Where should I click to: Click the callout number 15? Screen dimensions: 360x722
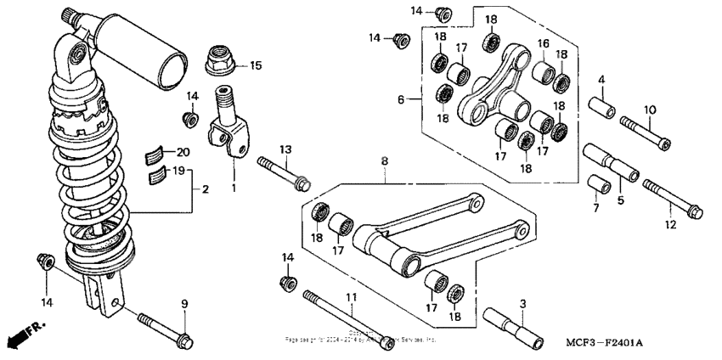tap(256, 65)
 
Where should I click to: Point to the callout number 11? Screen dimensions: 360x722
tap(349, 297)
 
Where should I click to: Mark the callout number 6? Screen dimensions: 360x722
tap(402, 99)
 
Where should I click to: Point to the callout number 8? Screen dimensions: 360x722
tap(384, 160)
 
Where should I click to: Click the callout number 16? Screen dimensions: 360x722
tap(543, 42)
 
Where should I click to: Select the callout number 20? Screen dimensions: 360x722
tap(183, 152)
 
